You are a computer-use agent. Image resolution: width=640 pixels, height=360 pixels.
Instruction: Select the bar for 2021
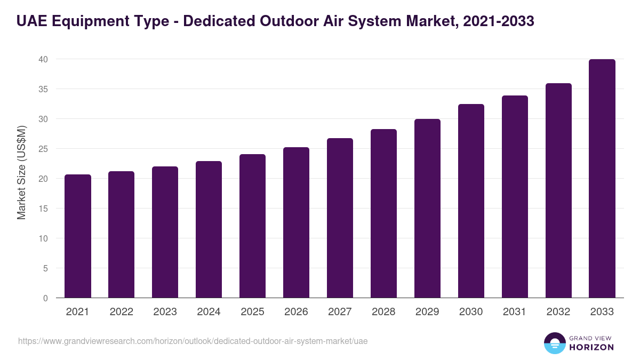pyautogui.click(x=78, y=236)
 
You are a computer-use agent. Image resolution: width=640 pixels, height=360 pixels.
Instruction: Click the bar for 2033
pyautogui.click(x=602, y=179)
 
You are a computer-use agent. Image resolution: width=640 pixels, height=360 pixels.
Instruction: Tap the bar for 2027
pyautogui.click(x=340, y=218)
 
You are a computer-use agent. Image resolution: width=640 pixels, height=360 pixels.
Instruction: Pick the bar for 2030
pyautogui.click(x=471, y=201)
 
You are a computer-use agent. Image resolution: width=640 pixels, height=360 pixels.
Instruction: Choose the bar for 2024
pyautogui.click(x=209, y=229)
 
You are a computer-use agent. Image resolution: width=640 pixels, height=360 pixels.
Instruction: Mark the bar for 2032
pyautogui.click(x=558, y=190)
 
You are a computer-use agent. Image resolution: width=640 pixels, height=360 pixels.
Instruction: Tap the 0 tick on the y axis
pyautogui.click(x=46, y=298)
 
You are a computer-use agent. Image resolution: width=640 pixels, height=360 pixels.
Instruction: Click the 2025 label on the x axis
pyautogui.click(x=252, y=312)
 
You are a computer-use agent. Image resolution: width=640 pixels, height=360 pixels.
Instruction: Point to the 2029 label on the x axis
pyautogui.click(x=427, y=312)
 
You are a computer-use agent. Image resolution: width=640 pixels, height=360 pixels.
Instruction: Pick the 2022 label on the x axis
pyautogui.click(x=121, y=312)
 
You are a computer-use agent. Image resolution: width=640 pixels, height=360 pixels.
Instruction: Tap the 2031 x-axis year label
pyautogui.click(x=515, y=312)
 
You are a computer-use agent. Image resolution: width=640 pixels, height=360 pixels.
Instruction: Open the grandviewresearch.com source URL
pyautogui.click(x=193, y=341)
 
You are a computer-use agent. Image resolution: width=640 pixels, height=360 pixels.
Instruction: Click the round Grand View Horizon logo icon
pyautogui.click(x=554, y=343)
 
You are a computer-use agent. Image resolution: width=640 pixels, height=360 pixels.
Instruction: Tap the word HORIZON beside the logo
pyautogui.click(x=591, y=347)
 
